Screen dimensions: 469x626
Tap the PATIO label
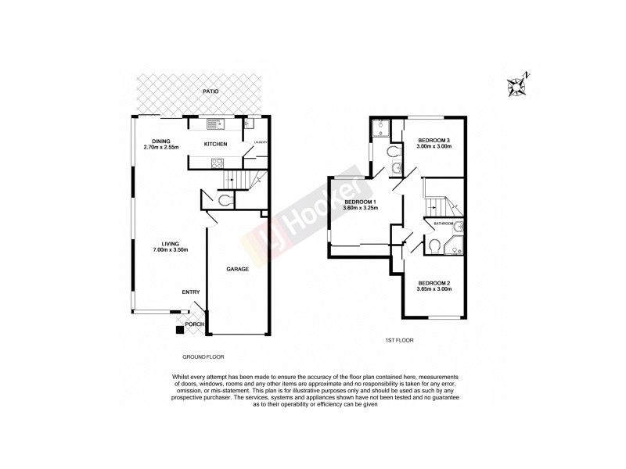point(210,91)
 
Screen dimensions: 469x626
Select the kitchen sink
point(214,123)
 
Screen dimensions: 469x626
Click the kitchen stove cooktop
point(218,163)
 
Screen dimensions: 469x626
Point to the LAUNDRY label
point(261,142)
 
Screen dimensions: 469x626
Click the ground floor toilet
point(225,200)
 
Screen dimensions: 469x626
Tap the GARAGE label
point(238,269)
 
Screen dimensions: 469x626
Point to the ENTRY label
point(191,292)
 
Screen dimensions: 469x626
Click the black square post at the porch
point(180,330)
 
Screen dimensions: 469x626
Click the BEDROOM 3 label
point(434,140)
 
